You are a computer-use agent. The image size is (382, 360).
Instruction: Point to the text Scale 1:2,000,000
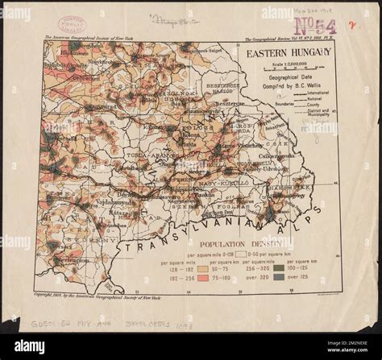(x=281, y=64)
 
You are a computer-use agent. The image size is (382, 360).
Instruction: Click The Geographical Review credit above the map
(x=285, y=39)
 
